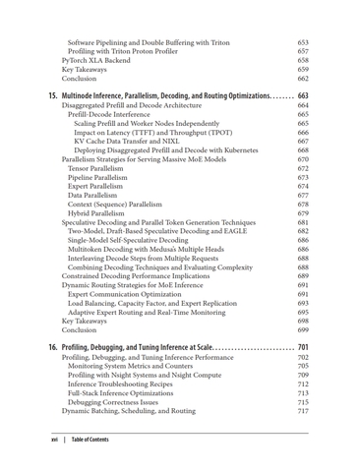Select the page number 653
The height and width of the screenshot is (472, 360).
303,43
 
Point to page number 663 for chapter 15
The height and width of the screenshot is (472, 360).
303,95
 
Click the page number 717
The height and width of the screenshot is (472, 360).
303,411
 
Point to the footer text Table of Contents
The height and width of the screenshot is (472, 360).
90,440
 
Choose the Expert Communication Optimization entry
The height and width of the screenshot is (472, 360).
129,294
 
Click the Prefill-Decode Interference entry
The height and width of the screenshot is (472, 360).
114,114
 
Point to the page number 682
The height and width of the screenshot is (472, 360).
303,231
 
